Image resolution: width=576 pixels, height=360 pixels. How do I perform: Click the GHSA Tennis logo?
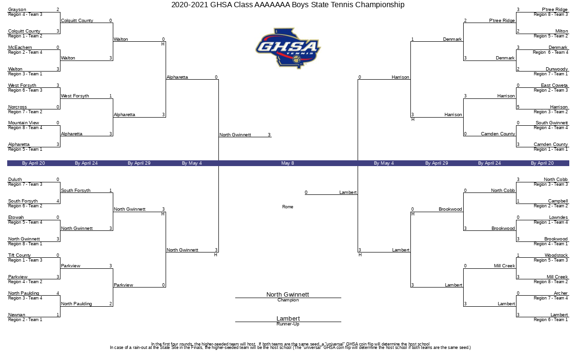[288, 48]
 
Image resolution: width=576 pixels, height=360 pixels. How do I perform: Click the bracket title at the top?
[288, 5]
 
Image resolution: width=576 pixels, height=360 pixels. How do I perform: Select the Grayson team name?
[17, 10]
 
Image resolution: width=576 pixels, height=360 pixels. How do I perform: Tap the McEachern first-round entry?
[20, 48]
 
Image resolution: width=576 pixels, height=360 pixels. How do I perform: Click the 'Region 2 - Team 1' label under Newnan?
[25, 320]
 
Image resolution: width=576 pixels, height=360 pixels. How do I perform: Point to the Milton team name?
[561, 31]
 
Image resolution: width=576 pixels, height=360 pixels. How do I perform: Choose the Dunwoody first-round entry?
[557, 69]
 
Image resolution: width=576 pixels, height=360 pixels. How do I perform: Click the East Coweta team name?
[554, 85]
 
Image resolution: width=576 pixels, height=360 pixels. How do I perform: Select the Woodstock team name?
[556, 255]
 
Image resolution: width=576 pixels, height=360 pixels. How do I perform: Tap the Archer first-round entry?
[561, 293]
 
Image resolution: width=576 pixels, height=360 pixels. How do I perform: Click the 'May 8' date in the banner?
[288, 163]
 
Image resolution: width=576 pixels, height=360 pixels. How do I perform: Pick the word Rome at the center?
[288, 207]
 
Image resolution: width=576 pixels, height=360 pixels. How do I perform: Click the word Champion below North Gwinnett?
[288, 300]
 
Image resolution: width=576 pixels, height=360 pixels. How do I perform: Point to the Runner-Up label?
[288, 324]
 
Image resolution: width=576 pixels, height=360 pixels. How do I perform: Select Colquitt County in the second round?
[77, 21]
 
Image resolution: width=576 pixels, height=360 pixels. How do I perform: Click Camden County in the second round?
[498, 134]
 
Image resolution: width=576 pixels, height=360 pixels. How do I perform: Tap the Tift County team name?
[19, 255]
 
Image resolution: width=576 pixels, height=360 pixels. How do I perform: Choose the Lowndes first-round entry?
[558, 217]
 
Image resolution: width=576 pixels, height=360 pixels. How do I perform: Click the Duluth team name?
[15, 180]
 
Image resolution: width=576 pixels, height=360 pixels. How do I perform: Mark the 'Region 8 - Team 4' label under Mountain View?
[25, 128]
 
